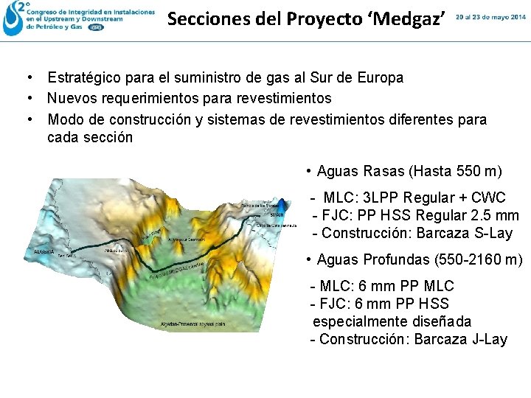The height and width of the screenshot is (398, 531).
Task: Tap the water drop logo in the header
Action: click(x=13, y=19)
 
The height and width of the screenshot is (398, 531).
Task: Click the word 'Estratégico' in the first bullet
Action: click(x=85, y=78)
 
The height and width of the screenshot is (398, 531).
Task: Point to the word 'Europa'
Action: click(x=381, y=78)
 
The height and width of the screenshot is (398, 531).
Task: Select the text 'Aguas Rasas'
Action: click(x=360, y=172)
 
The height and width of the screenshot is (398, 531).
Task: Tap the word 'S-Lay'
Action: click(x=494, y=234)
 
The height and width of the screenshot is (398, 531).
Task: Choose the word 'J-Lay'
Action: click(x=489, y=340)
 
